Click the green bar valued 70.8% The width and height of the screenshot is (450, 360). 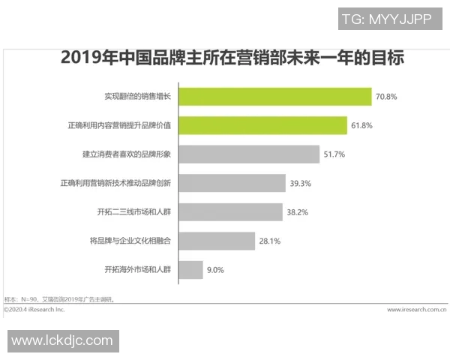click(x=274, y=97)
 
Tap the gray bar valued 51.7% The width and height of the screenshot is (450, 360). click(x=249, y=154)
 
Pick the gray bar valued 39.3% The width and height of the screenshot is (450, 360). click(x=232, y=183)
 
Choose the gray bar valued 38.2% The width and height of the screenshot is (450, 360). click(x=230, y=211)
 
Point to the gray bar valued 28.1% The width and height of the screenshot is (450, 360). click(x=217, y=241)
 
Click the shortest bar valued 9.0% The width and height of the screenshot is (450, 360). click(x=190, y=269)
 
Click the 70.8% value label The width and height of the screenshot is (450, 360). click(x=386, y=97)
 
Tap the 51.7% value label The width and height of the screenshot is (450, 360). click(x=334, y=154)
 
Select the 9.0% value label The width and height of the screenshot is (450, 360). click(x=215, y=270)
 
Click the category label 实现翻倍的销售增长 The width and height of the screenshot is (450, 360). click(x=138, y=97)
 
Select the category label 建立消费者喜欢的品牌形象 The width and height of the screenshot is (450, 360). click(x=127, y=154)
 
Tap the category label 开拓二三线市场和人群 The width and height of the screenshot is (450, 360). click(x=132, y=212)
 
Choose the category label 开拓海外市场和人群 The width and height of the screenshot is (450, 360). click(x=138, y=270)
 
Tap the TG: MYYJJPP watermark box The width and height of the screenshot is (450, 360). click(x=385, y=19)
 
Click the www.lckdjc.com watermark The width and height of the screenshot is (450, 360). click(x=62, y=340)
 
